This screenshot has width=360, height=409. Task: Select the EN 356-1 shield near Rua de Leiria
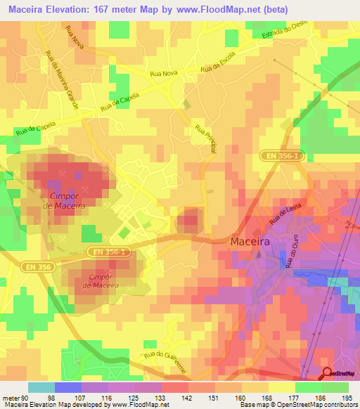pos(284,158)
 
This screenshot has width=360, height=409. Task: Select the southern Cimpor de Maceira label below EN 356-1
pos(101,281)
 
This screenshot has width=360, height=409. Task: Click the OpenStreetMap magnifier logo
pos(327,374)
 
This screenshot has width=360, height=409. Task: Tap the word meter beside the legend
pos(10,398)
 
